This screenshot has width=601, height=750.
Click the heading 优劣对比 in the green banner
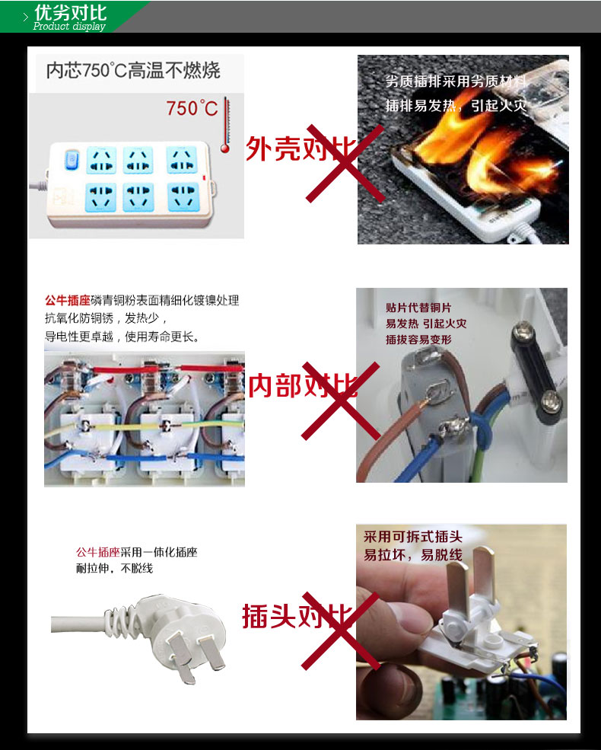point(70,12)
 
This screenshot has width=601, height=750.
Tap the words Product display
point(69,27)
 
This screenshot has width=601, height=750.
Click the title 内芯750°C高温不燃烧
point(133,70)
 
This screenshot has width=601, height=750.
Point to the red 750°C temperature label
point(192,108)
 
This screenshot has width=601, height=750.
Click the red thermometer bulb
point(225,148)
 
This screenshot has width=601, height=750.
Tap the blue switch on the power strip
point(72,160)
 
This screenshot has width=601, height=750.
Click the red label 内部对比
point(303,385)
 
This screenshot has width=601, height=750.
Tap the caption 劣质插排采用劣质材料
point(456,81)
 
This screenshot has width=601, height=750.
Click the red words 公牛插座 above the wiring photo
point(68,301)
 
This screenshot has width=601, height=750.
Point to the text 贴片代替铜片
point(418,308)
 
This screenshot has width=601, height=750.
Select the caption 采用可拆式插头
point(413,537)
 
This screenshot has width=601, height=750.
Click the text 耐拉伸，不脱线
point(114,568)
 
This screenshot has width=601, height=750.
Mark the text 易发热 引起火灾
point(426,324)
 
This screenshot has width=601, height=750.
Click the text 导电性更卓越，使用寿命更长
point(122,337)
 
